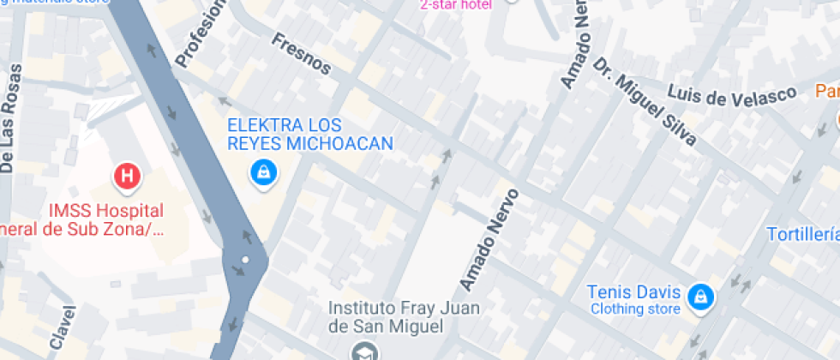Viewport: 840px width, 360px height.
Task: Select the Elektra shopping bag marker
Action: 262,171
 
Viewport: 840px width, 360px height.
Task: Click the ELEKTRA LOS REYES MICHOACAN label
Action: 309,134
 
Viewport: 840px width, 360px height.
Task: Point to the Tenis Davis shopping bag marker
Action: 701,297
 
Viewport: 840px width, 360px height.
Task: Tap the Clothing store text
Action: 635,309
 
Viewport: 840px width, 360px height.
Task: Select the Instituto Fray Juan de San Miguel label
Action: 405,317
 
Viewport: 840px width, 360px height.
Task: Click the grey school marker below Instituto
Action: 363,351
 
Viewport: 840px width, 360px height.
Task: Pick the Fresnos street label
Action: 301,53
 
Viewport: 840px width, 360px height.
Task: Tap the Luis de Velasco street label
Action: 732,96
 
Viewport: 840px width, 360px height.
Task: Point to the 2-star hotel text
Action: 455,5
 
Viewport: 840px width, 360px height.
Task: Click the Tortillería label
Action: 802,234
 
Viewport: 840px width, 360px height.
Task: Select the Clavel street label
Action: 62,327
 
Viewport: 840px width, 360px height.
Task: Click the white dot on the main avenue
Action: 245,259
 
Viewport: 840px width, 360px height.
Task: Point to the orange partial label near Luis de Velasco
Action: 826,91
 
